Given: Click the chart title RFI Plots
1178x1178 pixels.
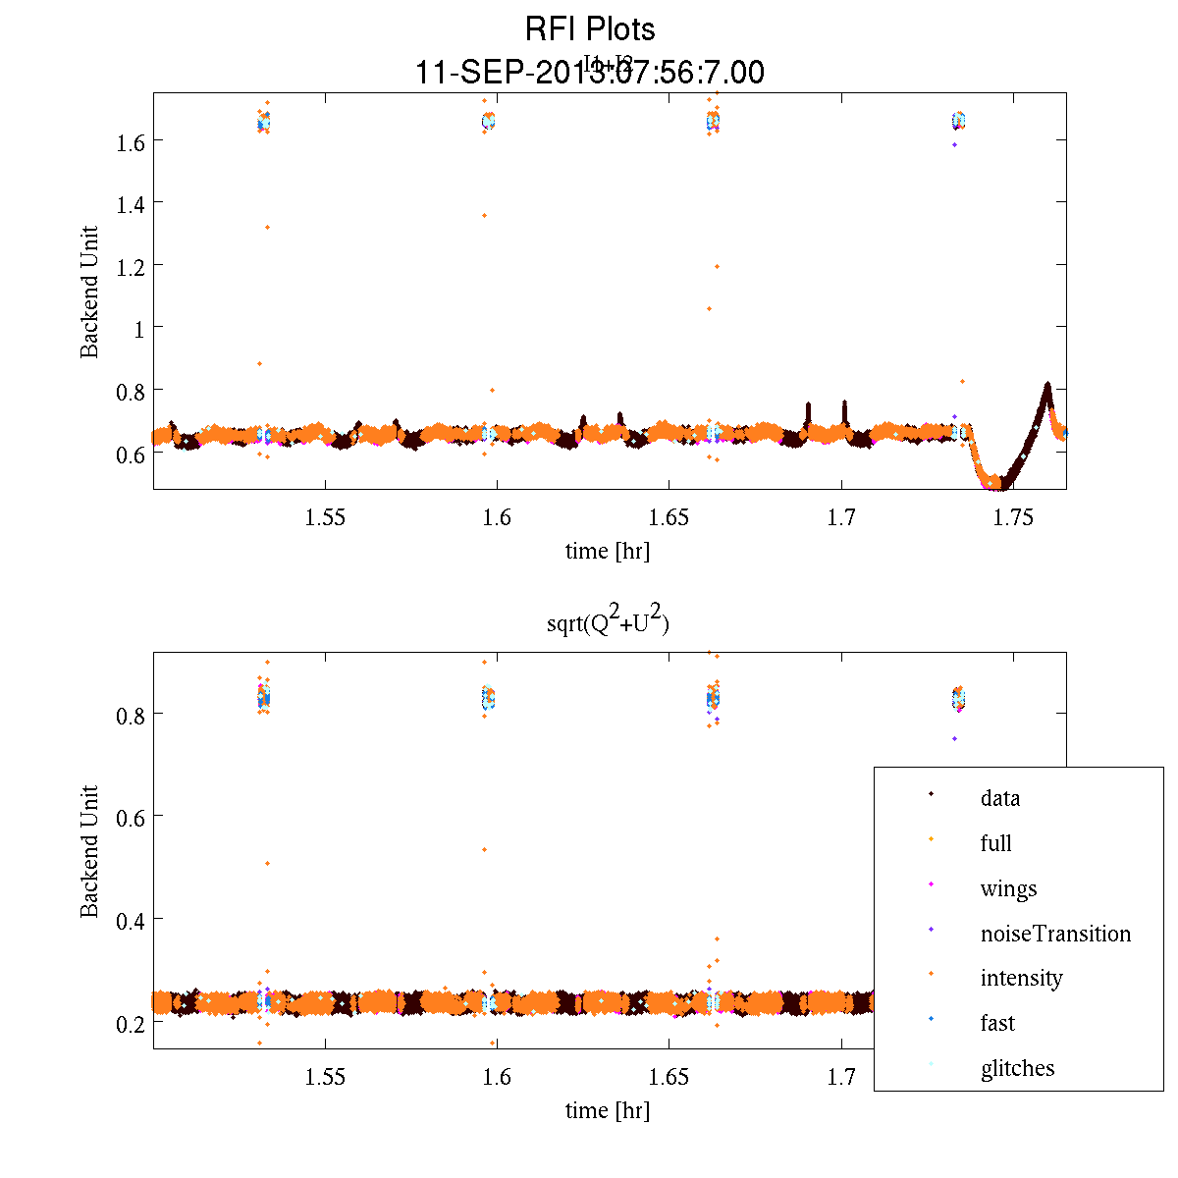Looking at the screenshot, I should [590, 29].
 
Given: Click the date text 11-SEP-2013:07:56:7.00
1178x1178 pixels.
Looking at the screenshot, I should [590, 73].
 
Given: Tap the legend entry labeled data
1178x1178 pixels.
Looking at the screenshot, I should [999, 798].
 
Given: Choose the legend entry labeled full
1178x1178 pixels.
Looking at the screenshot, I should [995, 843].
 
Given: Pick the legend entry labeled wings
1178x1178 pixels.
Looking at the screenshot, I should [1008, 888].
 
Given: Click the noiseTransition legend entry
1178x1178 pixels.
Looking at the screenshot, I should [1055, 934].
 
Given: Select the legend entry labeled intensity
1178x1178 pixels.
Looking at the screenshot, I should [1021, 978].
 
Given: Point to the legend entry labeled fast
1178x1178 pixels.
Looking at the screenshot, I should [997, 1023].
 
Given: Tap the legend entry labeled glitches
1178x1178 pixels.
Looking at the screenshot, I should [1017, 1068].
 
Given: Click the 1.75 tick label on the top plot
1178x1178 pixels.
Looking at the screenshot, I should [1013, 517].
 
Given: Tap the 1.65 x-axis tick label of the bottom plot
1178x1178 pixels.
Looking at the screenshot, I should [669, 1077].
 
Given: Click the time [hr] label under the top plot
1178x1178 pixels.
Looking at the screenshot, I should [607, 551].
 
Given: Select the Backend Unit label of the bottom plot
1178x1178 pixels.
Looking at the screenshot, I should [89, 851].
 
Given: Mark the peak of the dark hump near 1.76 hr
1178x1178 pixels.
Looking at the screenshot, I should [1047, 385].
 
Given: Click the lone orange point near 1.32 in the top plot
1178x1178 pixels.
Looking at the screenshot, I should [267, 228].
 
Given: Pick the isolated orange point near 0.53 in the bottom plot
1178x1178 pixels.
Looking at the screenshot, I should [484, 849].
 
